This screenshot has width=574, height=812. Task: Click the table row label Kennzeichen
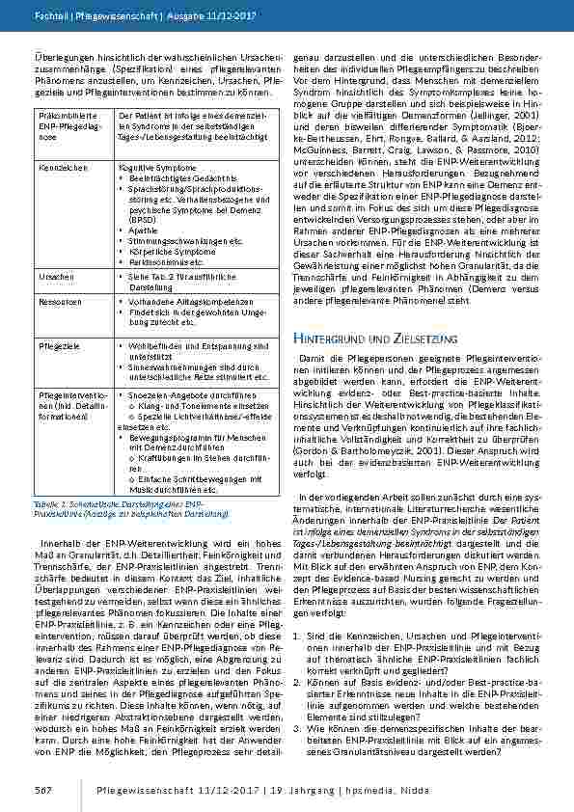56,167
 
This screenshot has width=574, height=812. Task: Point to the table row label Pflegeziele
55,343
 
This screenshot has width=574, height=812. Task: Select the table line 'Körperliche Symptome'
166,250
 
